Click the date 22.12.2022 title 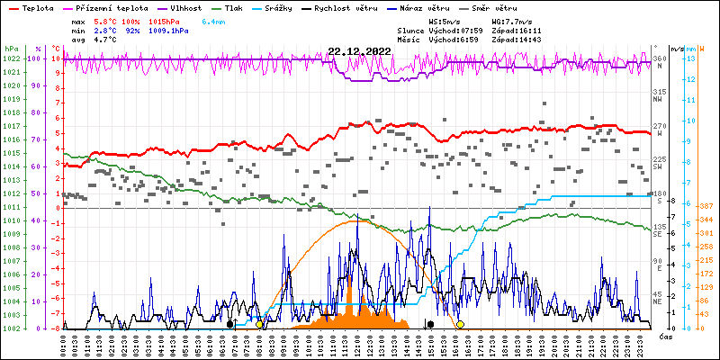click(x=359, y=51)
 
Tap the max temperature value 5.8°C click(x=106, y=21)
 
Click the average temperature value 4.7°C click(x=106, y=40)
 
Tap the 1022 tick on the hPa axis click(x=11, y=58)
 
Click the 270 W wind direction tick click(x=660, y=129)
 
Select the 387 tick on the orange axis click(x=706, y=206)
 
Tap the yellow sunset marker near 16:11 click(x=460, y=324)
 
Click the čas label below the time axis click(x=667, y=336)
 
